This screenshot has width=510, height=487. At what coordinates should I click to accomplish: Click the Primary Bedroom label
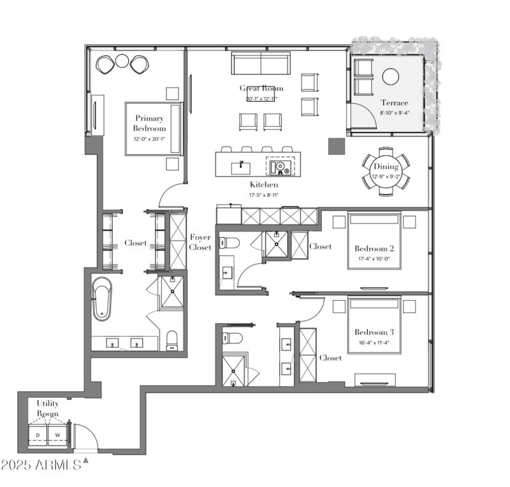pyautogui.click(x=150, y=123)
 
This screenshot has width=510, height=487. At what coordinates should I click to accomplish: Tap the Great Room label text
pyautogui.click(x=261, y=88)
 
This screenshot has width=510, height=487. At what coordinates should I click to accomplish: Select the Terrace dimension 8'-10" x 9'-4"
pyautogui.click(x=395, y=113)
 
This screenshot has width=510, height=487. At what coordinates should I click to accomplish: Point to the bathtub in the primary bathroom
pyautogui.click(x=102, y=298)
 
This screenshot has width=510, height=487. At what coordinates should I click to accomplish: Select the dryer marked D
pyautogui.click(x=38, y=436)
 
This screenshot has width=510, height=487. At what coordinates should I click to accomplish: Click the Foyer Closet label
pyautogui.click(x=200, y=242)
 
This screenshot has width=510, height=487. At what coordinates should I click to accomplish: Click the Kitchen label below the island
pyautogui.click(x=262, y=185)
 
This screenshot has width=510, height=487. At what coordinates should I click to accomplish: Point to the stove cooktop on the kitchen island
pyautogui.click(x=280, y=167)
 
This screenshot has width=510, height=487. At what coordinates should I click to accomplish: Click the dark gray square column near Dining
pyautogui.click(x=335, y=147)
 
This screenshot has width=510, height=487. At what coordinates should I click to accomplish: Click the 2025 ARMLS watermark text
pyautogui.click(x=41, y=465)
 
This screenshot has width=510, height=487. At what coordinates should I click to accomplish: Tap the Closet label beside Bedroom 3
pyautogui.click(x=330, y=358)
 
